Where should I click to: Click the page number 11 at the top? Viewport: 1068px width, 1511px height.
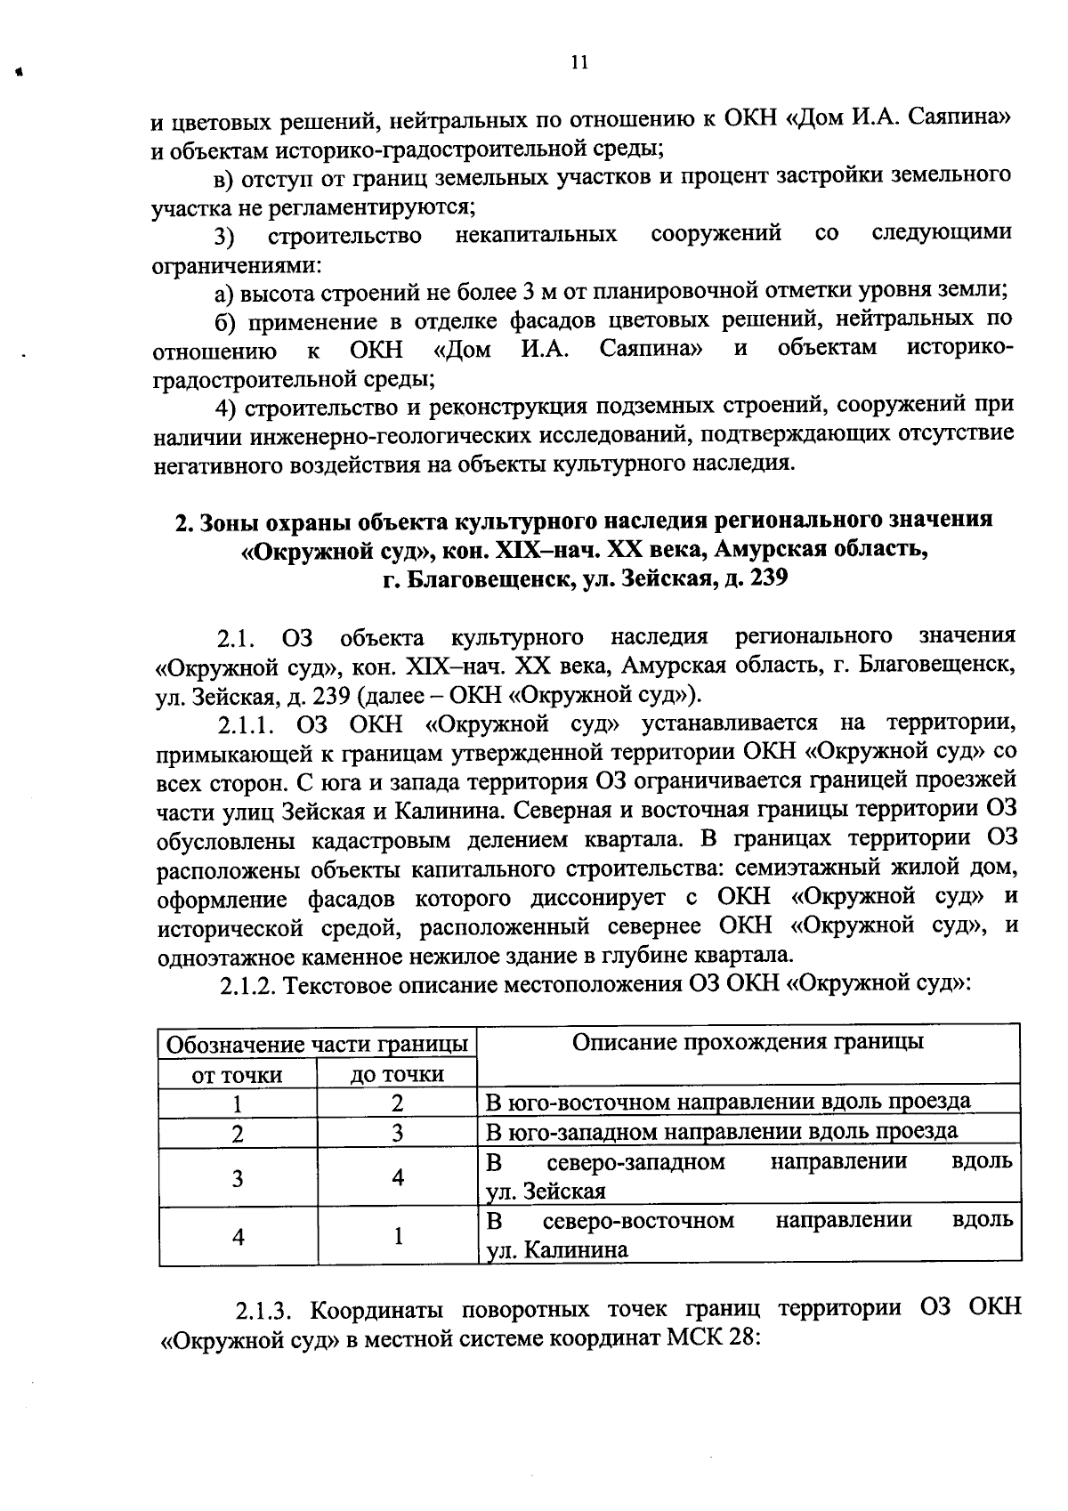click(x=578, y=62)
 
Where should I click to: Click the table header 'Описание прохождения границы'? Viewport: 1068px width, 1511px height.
click(x=747, y=1042)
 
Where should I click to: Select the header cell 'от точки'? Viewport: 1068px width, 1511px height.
click(x=238, y=1075)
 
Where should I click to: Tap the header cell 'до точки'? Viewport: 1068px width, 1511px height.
click(x=397, y=1075)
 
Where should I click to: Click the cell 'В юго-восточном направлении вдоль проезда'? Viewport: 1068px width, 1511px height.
click(x=727, y=1102)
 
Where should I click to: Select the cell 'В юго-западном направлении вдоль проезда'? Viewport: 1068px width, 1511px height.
click(x=722, y=1131)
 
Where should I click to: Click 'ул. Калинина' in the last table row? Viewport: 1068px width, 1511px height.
click(x=557, y=1250)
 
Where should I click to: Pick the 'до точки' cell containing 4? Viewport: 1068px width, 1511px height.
click(x=397, y=1178)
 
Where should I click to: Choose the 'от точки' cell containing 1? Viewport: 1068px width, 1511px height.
click(x=238, y=1104)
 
